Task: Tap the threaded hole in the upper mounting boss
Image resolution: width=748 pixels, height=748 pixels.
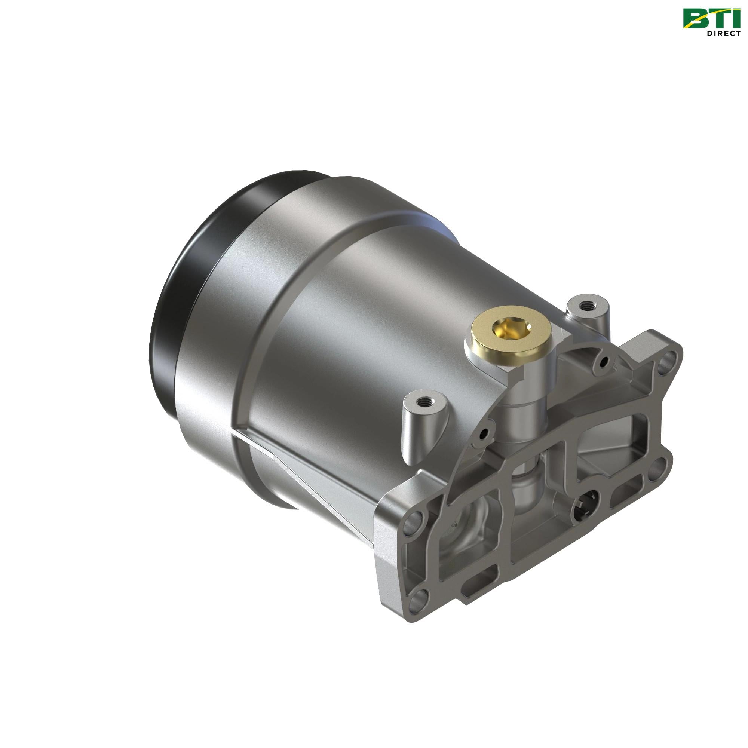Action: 583,307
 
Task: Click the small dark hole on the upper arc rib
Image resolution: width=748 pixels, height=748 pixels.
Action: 601,363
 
